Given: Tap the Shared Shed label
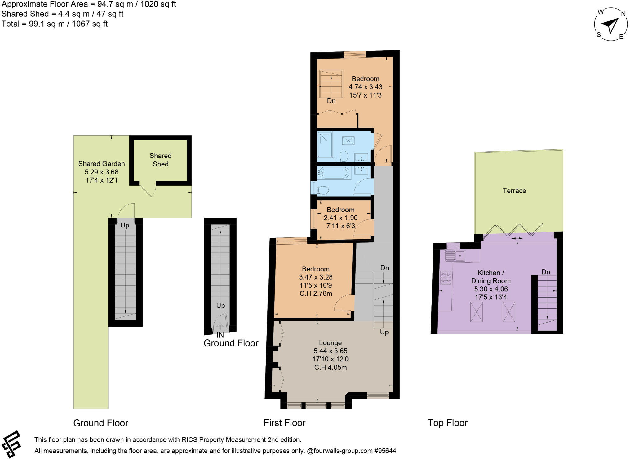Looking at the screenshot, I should coord(160,160).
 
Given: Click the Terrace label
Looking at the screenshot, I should coord(514,191).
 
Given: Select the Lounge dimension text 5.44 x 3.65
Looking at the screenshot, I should coord(330,351).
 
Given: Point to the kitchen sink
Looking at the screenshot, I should coord(455,256).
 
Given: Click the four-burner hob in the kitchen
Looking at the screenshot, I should coord(446,277).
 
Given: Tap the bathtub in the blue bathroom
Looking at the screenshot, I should coord(334,173).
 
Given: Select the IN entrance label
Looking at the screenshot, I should coord(220,335).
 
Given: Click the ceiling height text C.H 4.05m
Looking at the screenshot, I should coord(330,367).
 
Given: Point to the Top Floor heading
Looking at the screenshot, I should coord(447,423).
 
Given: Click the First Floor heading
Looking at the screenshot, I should coord(284,423).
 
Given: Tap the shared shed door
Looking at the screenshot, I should coord(147,190).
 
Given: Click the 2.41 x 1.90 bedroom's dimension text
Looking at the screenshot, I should coord(340,218).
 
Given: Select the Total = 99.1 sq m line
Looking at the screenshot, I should coord(55,24).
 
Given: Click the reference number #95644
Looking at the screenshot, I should coord(385,451).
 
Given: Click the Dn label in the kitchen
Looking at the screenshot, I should coord(545,272).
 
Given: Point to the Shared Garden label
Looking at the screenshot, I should coord(101,164).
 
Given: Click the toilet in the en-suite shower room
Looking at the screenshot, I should coord(344,156).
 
